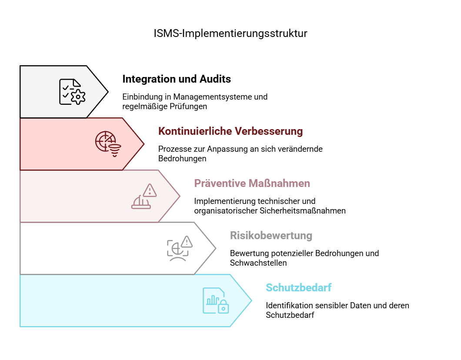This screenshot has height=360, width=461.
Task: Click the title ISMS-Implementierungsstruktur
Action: [x=230, y=33]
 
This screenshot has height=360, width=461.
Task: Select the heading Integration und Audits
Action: [x=177, y=79]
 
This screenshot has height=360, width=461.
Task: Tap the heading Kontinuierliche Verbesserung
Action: [x=230, y=131]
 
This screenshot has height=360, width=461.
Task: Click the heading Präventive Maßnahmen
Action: [x=252, y=183]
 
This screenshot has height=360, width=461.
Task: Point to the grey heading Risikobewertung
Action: [x=271, y=235]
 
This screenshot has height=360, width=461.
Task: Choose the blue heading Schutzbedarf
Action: [x=298, y=287]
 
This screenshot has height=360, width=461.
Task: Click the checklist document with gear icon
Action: [x=72, y=92]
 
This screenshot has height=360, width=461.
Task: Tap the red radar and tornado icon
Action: [x=108, y=144]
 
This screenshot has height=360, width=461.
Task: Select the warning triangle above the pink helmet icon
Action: [x=150, y=190]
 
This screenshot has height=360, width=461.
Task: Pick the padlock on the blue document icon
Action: [x=224, y=307]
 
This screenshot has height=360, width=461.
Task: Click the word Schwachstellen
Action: [x=258, y=263]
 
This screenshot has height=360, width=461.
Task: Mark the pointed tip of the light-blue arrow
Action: [x=252, y=300]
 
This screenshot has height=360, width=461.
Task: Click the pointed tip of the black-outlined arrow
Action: [x=108, y=92]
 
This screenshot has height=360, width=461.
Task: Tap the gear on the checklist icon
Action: [x=78, y=97]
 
